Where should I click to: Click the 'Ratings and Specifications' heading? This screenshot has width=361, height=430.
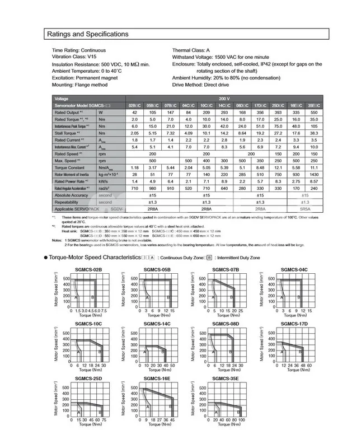click(87, 34)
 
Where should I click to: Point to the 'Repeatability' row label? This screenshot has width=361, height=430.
click(69, 202)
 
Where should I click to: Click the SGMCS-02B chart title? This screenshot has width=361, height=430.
click(87, 270)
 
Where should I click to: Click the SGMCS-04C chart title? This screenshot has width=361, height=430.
click(293, 270)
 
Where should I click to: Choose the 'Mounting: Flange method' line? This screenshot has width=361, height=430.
click(79, 85)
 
